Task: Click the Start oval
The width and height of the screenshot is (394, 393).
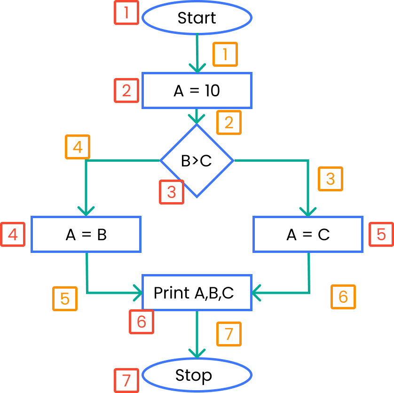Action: (197, 18)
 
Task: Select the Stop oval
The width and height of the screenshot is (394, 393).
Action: (197, 376)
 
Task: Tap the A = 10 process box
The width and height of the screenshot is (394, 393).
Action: (197, 90)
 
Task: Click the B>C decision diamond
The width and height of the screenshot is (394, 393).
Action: (197, 161)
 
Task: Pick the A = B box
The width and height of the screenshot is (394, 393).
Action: (86, 234)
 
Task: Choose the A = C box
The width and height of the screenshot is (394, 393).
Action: (308, 234)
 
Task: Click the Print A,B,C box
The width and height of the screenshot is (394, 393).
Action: (197, 293)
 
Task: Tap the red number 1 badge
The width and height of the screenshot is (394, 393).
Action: (126, 13)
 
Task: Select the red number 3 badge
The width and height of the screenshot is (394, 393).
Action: (172, 192)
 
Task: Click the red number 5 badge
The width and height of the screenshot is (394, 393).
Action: (381, 234)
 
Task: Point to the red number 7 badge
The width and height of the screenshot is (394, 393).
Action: (126, 380)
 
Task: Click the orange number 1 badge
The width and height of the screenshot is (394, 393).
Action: (225, 55)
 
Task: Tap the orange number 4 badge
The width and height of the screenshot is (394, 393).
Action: (78, 148)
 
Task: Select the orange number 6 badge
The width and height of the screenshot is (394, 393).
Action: (343, 297)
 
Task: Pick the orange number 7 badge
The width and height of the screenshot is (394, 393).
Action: (229, 334)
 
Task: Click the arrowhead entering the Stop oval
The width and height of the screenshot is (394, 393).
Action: (197, 354)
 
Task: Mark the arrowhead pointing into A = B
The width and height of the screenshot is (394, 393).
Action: (86, 211)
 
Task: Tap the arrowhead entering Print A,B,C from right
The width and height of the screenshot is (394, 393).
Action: (257, 293)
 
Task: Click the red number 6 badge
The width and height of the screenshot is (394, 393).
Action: (142, 322)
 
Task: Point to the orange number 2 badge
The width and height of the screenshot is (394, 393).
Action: (229, 122)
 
